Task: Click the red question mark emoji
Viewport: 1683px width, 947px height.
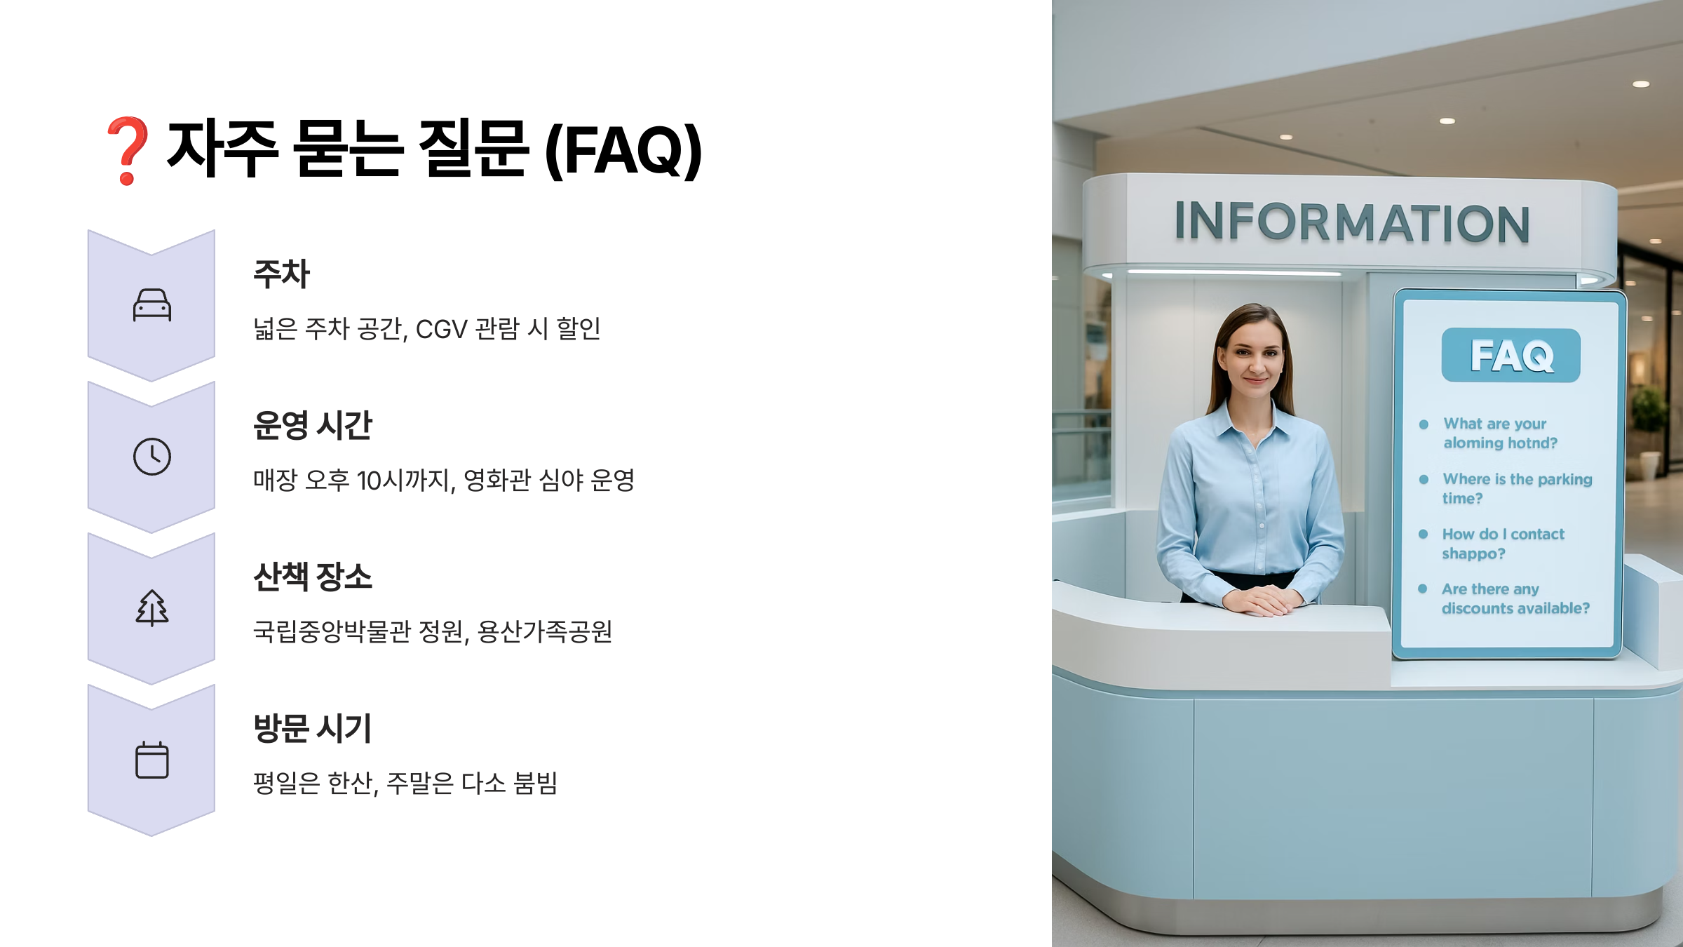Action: point(126,150)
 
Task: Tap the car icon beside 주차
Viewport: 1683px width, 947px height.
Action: point(152,306)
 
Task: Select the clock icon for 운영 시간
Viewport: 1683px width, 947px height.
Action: point(152,457)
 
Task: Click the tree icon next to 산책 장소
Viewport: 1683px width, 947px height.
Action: point(152,607)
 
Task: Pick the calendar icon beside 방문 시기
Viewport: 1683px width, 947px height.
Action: point(152,760)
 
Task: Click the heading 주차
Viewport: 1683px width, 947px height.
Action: point(281,274)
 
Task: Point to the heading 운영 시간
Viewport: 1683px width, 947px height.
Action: point(312,425)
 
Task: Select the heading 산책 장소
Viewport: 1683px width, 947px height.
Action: point(312,577)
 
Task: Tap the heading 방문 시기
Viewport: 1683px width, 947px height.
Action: point(312,728)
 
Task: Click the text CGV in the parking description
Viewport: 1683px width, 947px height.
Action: point(441,329)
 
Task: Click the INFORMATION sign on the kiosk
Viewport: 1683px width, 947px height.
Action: point(1351,223)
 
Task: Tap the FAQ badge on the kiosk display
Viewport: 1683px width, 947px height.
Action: point(1510,356)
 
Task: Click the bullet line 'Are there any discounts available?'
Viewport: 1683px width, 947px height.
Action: point(1515,598)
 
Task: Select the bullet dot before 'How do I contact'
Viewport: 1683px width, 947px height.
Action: point(1423,535)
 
